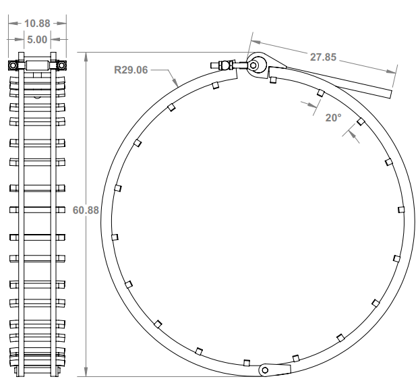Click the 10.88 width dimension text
click(x=37, y=23)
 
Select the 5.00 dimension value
click(x=37, y=40)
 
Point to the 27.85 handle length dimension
click(x=323, y=57)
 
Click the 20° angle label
click(x=334, y=117)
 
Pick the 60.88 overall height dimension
click(x=86, y=210)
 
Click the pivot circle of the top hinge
click(x=255, y=65)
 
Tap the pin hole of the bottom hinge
click(x=266, y=370)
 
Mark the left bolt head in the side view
click(x=13, y=65)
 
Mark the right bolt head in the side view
click(x=62, y=65)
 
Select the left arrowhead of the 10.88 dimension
click(x=11, y=23)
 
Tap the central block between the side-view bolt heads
click(x=37, y=65)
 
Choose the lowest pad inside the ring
click(x=247, y=361)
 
